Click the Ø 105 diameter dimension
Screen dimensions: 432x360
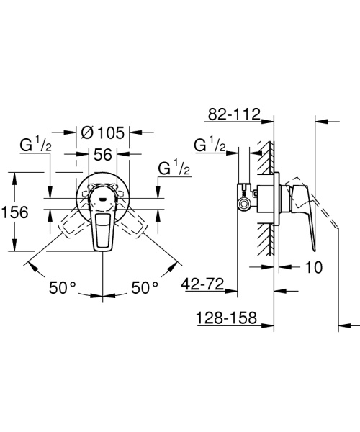[104, 132]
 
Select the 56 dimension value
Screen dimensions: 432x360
[104, 154]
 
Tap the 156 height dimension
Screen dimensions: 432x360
[15, 212]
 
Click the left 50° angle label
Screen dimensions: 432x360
[63, 287]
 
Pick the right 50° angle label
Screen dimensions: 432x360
[144, 287]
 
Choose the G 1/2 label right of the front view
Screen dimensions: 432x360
[174, 170]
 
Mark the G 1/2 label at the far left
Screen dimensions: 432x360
[34, 146]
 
